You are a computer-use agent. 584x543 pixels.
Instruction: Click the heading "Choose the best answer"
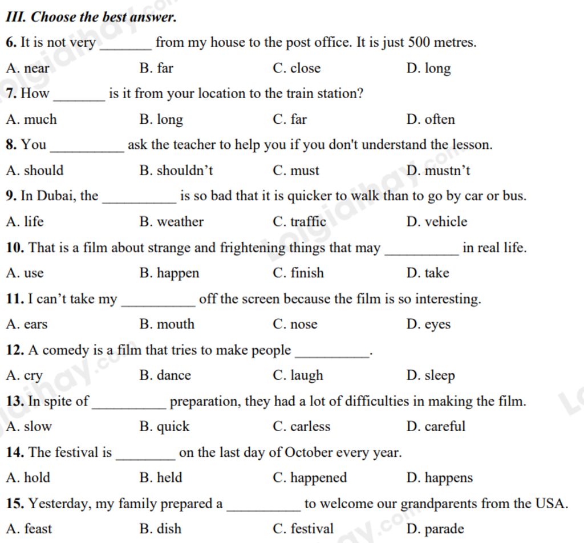click(x=91, y=17)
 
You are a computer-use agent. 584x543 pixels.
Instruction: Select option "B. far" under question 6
click(x=156, y=68)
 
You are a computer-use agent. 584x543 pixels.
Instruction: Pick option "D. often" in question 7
click(x=431, y=120)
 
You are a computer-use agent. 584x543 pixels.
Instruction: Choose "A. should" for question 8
click(x=35, y=171)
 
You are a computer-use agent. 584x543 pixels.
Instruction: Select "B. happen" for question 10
click(x=169, y=273)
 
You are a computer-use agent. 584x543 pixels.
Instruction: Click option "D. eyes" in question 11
click(x=428, y=325)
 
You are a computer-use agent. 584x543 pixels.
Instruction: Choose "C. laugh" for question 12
click(x=298, y=376)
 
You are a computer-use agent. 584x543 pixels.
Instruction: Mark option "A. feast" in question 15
click(x=29, y=529)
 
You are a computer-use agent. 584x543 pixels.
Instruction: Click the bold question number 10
click(x=15, y=248)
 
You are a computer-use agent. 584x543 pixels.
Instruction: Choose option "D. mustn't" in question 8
click(x=438, y=171)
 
